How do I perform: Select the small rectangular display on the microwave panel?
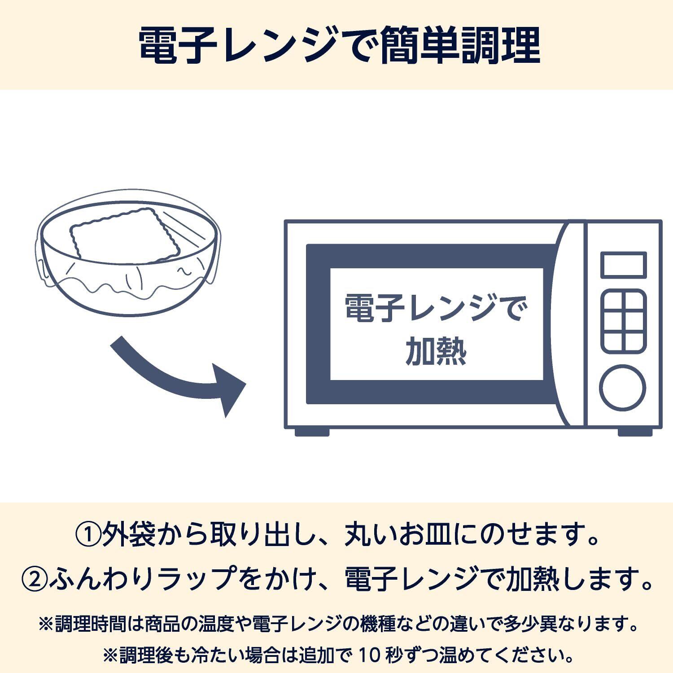[623, 265]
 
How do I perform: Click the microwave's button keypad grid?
[623, 321]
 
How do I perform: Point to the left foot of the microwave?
[312, 432]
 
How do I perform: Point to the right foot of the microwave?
[634, 432]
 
